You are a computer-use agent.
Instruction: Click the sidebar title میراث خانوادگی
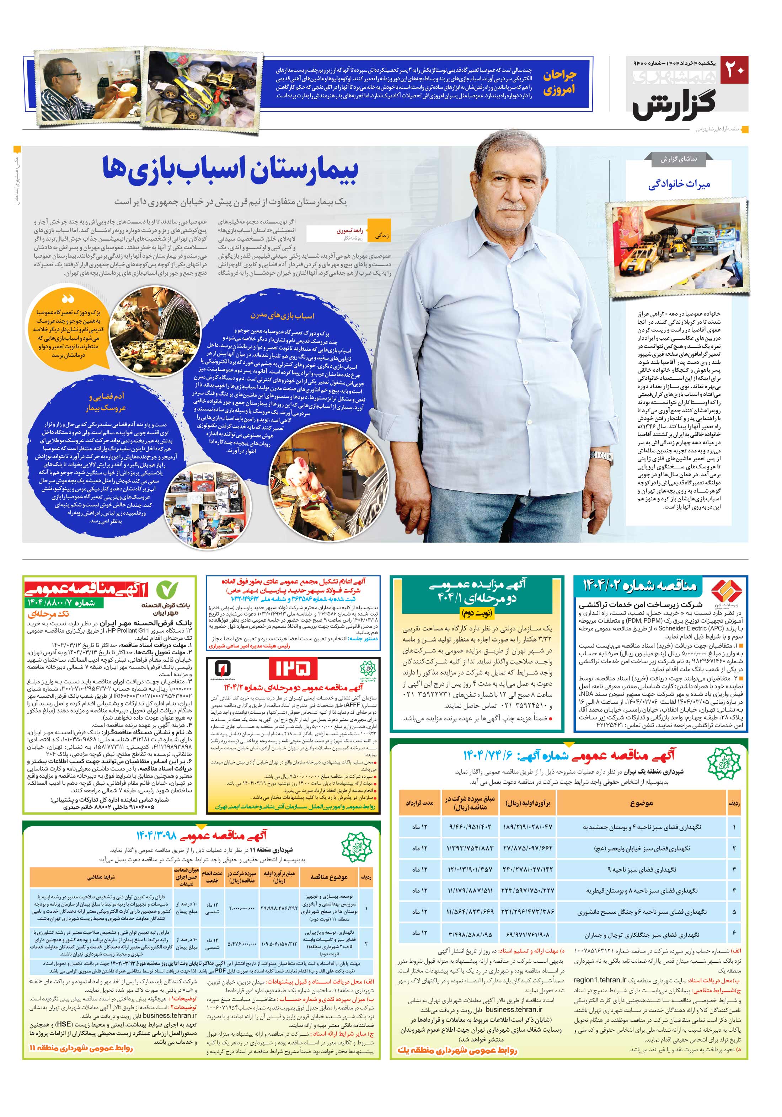click(679, 185)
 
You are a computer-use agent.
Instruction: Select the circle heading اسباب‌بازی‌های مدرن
click(282, 316)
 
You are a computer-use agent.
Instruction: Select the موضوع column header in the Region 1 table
click(641, 803)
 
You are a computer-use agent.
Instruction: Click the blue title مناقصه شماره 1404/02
click(640, 585)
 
